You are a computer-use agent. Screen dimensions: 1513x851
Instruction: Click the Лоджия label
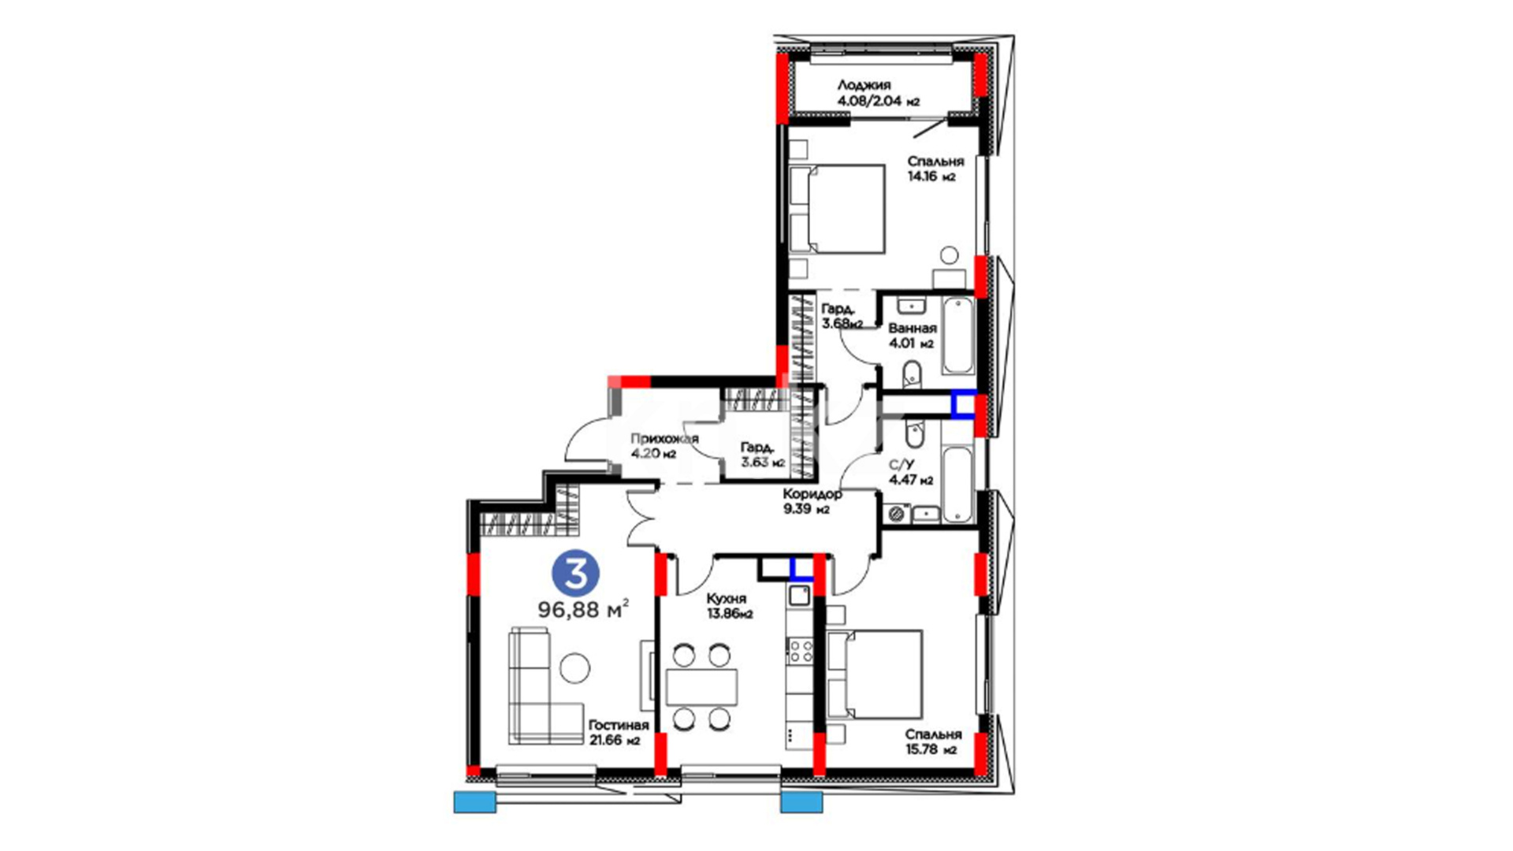point(864,85)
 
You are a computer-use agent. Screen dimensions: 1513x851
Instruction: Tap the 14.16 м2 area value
point(931,177)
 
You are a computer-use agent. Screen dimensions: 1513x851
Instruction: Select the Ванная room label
point(913,328)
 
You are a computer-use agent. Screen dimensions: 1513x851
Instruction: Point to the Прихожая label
point(664,439)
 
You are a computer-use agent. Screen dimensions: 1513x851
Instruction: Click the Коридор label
point(812,494)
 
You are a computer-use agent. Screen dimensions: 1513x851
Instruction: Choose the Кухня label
point(727,599)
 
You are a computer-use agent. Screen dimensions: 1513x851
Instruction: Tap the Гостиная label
point(619,726)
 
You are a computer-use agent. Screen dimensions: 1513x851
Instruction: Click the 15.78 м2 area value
point(931,749)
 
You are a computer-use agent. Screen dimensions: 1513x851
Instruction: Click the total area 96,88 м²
point(583,609)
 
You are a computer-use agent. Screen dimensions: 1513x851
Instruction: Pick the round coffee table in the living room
point(574,668)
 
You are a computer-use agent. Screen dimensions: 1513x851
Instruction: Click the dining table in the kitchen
point(702,687)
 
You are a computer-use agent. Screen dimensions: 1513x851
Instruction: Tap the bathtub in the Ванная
point(958,335)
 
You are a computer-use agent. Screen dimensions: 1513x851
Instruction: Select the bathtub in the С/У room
point(957,485)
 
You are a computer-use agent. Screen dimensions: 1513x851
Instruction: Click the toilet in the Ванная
point(913,373)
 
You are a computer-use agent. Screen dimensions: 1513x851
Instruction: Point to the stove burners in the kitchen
point(801,651)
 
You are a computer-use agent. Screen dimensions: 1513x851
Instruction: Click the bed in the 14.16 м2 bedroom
point(838,209)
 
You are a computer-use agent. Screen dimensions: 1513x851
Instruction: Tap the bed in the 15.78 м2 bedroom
point(874,674)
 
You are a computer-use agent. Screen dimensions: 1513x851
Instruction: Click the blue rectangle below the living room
point(475,802)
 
